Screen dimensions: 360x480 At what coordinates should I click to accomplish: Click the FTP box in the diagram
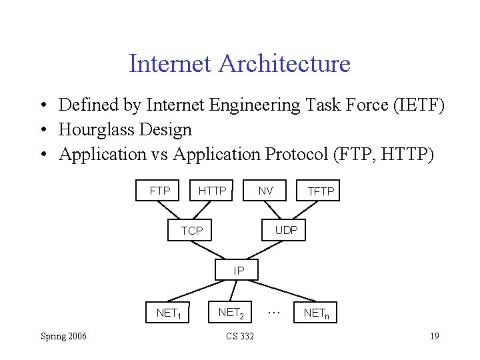pos(160,191)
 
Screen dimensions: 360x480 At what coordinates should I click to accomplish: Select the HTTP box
pos(213,191)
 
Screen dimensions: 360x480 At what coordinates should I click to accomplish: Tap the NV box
pos(265,191)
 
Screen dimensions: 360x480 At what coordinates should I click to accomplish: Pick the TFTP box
pos(321,191)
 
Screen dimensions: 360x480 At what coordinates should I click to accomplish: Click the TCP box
pos(192,231)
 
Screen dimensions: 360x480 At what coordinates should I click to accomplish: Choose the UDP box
pos(286,230)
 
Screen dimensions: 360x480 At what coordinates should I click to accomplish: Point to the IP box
pos(239,271)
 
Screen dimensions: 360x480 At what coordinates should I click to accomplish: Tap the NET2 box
pos(231,311)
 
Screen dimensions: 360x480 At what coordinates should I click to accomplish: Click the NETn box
pos(317,312)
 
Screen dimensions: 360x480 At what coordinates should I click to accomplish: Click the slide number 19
pos(433,336)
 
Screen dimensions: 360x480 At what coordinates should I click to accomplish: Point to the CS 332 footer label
pos(240,336)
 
